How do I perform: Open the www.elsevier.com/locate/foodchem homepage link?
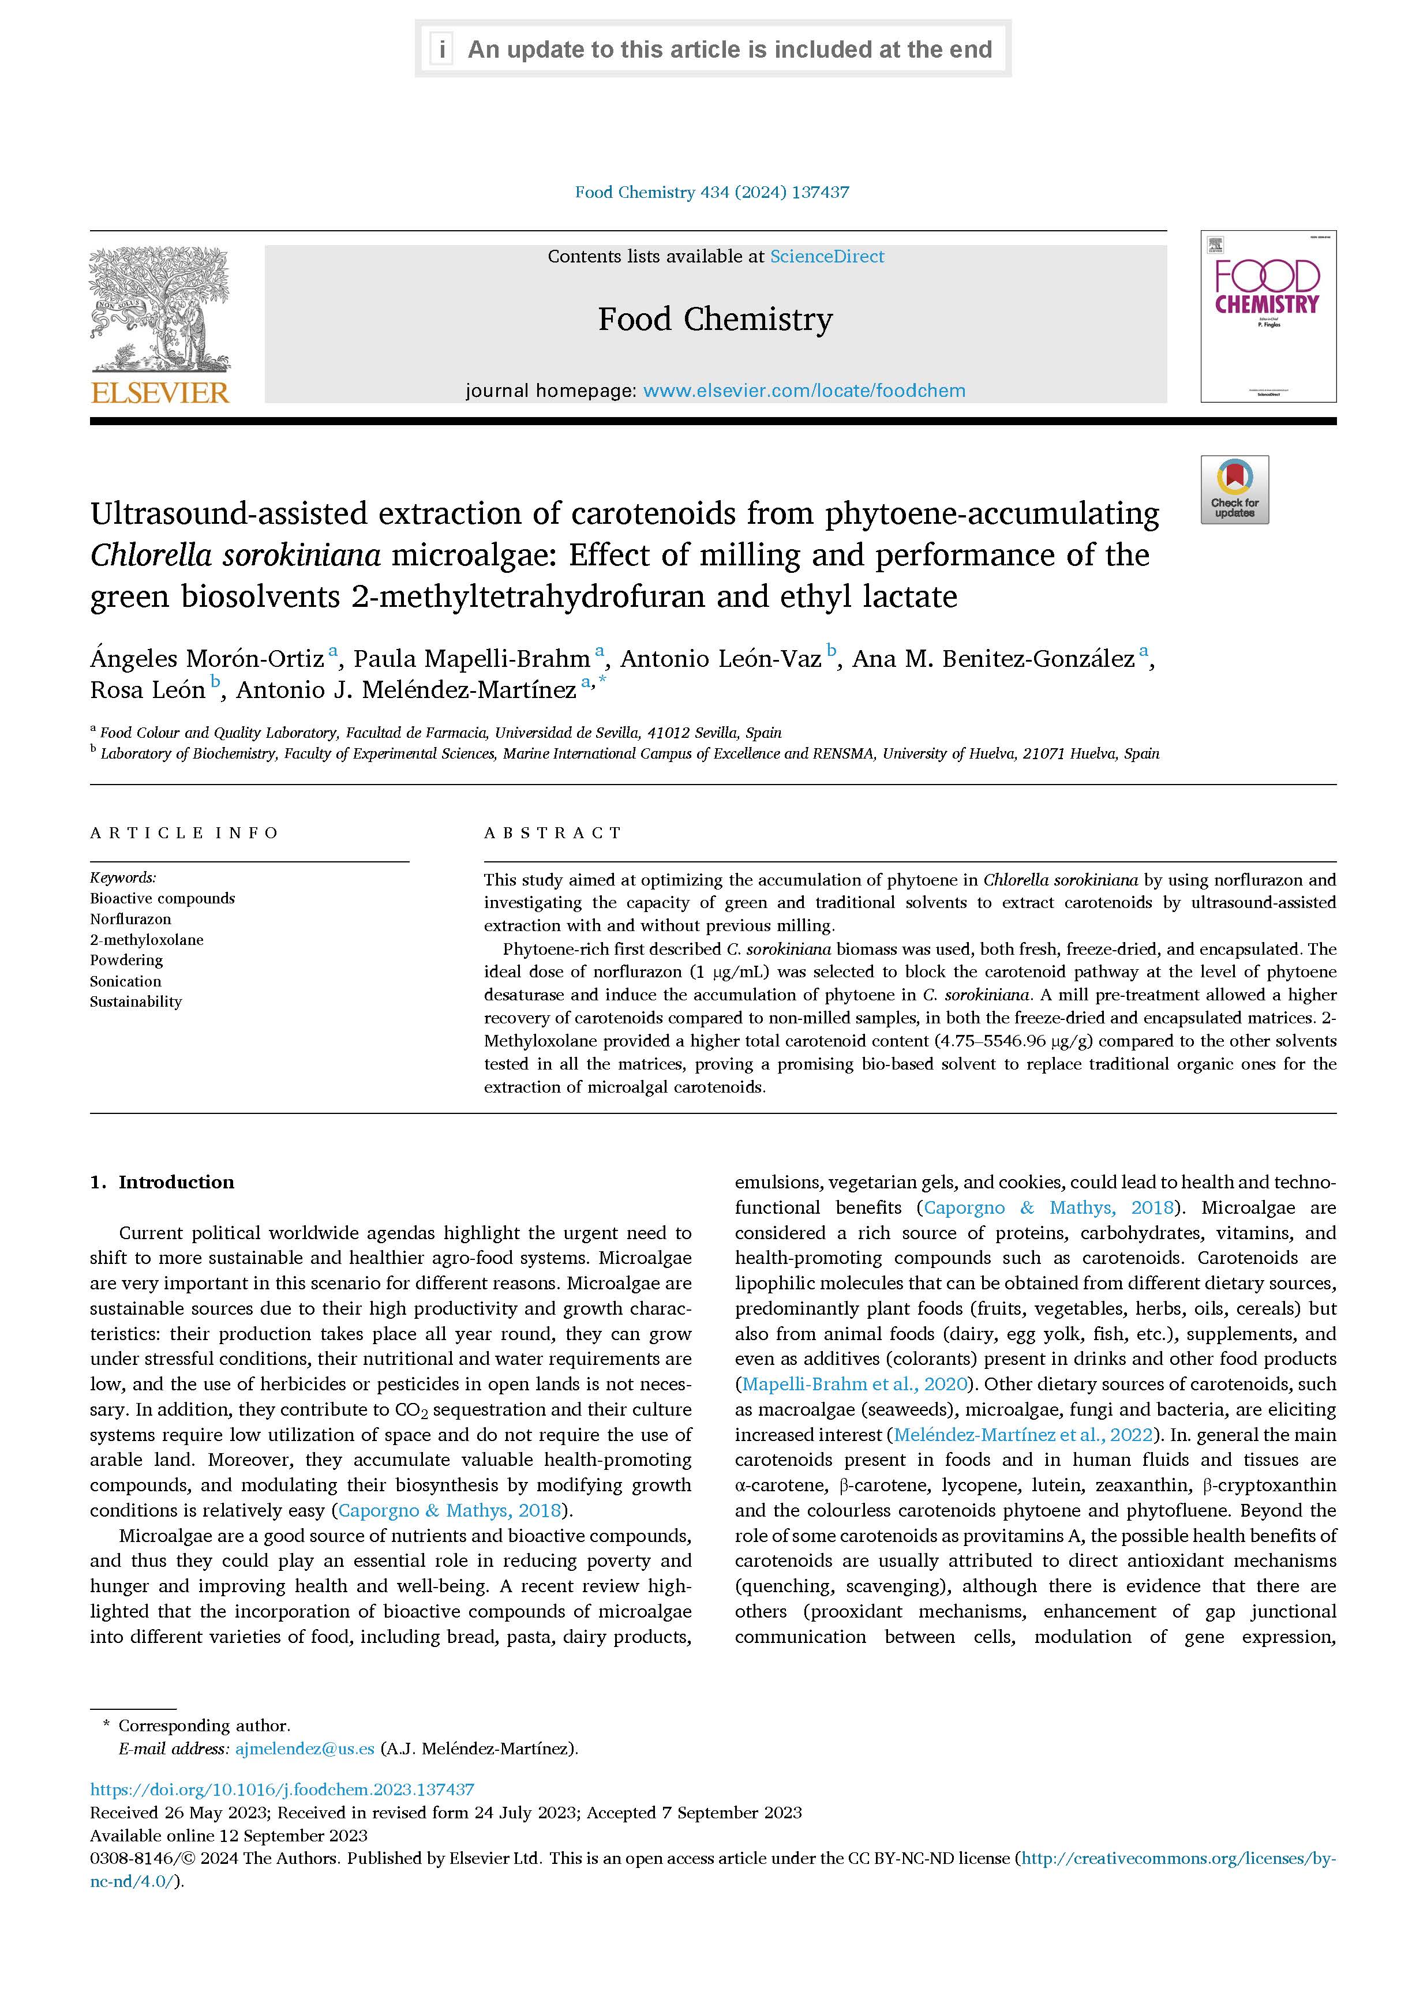[803, 391]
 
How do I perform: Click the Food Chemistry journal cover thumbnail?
[1267, 316]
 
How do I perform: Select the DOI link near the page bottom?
[282, 1789]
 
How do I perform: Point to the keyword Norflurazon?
[130, 919]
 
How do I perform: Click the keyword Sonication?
[125, 981]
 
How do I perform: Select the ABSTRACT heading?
[553, 833]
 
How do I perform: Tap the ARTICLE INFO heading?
[183, 833]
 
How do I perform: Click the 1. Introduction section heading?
[163, 1181]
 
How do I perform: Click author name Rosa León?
[147, 691]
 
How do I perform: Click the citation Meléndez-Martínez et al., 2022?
[1022, 1435]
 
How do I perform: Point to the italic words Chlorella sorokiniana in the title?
[235, 555]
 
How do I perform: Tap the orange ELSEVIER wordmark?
[159, 393]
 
